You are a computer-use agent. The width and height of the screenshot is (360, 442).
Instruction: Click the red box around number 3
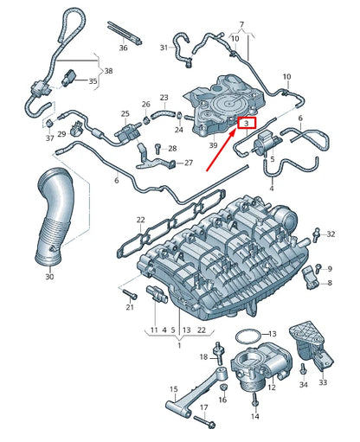tap(247, 124)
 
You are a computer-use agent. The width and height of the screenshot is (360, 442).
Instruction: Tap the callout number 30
tap(49, 277)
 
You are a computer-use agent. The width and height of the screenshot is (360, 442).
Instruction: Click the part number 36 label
tap(122, 48)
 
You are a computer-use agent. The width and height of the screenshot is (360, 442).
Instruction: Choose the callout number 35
tap(93, 80)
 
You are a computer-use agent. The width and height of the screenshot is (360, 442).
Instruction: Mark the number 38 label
tap(107, 72)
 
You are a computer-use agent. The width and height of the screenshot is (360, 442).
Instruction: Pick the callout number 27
tap(190, 163)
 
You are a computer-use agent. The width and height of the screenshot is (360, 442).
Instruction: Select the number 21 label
tap(130, 307)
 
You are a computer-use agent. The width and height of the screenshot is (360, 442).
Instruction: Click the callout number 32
tap(328, 233)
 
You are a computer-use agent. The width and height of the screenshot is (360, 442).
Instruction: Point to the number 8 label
tap(328, 282)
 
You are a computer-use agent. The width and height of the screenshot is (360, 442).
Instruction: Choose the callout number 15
tap(173, 389)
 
